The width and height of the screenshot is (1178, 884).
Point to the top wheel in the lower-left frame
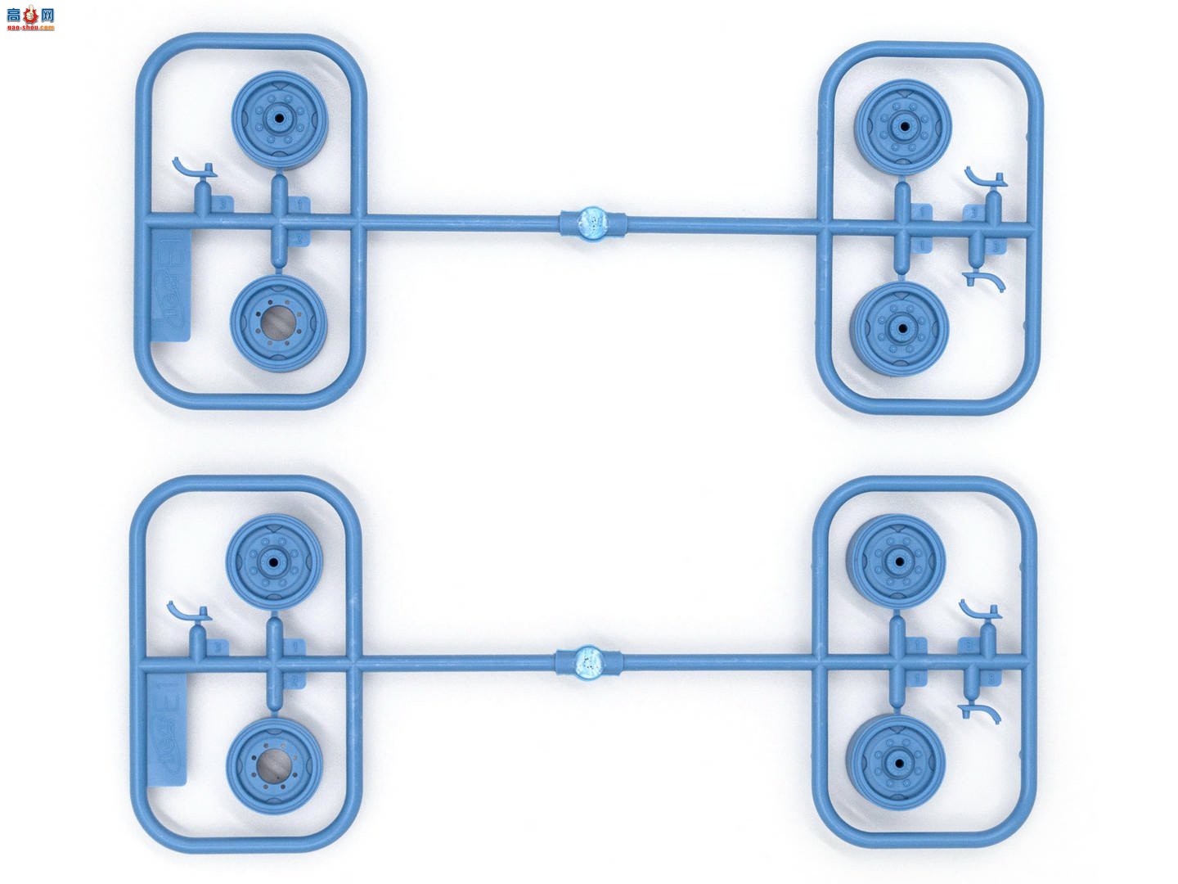pyautogui.click(x=274, y=562)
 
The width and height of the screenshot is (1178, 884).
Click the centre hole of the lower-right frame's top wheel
pyautogui.click(x=898, y=562)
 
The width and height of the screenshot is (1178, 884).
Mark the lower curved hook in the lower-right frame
pyautogui.click(x=982, y=713)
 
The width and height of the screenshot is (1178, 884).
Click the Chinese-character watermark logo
pyautogui.click(x=29, y=14)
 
